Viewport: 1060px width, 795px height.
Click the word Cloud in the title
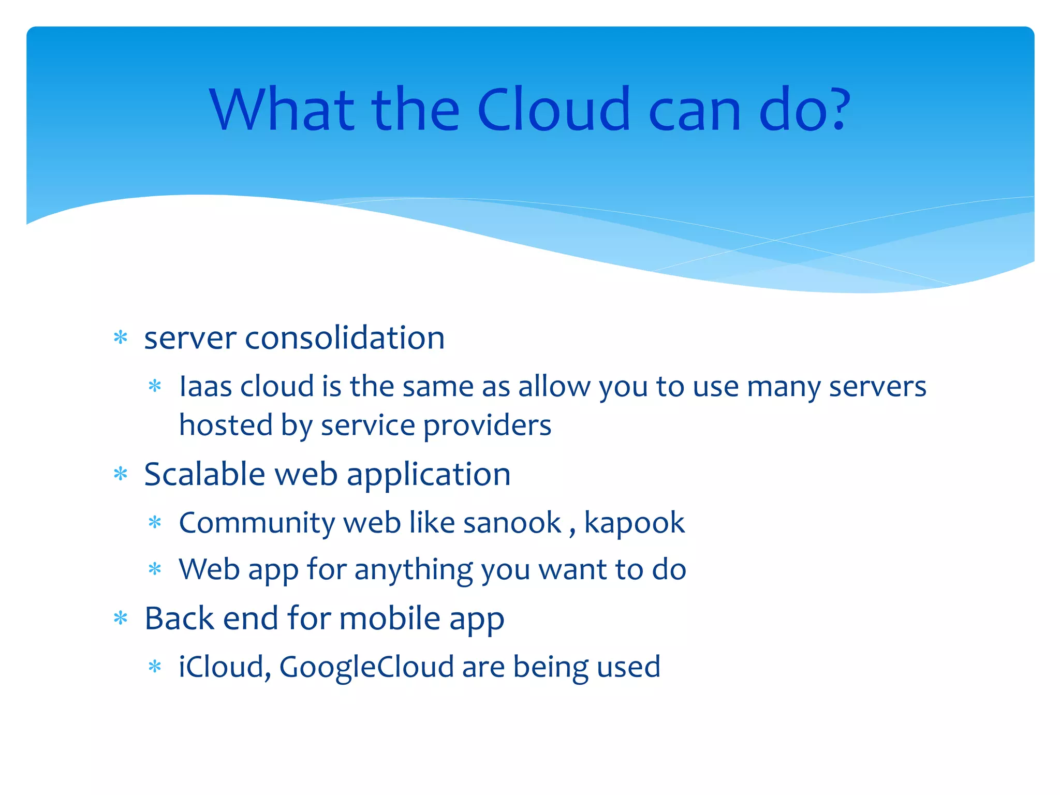pos(553,110)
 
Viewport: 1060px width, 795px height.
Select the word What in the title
pos(283,110)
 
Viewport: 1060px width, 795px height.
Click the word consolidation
pos(344,338)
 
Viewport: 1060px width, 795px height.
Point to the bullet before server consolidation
pos(121,338)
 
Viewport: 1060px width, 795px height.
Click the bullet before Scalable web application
pos(121,474)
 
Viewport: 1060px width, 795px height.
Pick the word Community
pos(257,523)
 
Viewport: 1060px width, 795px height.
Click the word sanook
pos(512,523)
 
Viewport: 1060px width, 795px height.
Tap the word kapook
pos(634,523)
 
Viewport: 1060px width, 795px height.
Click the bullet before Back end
pos(121,618)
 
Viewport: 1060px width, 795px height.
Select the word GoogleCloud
pos(366,667)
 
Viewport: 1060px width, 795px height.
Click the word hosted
pos(226,426)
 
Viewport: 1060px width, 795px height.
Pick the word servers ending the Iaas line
pos(877,387)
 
